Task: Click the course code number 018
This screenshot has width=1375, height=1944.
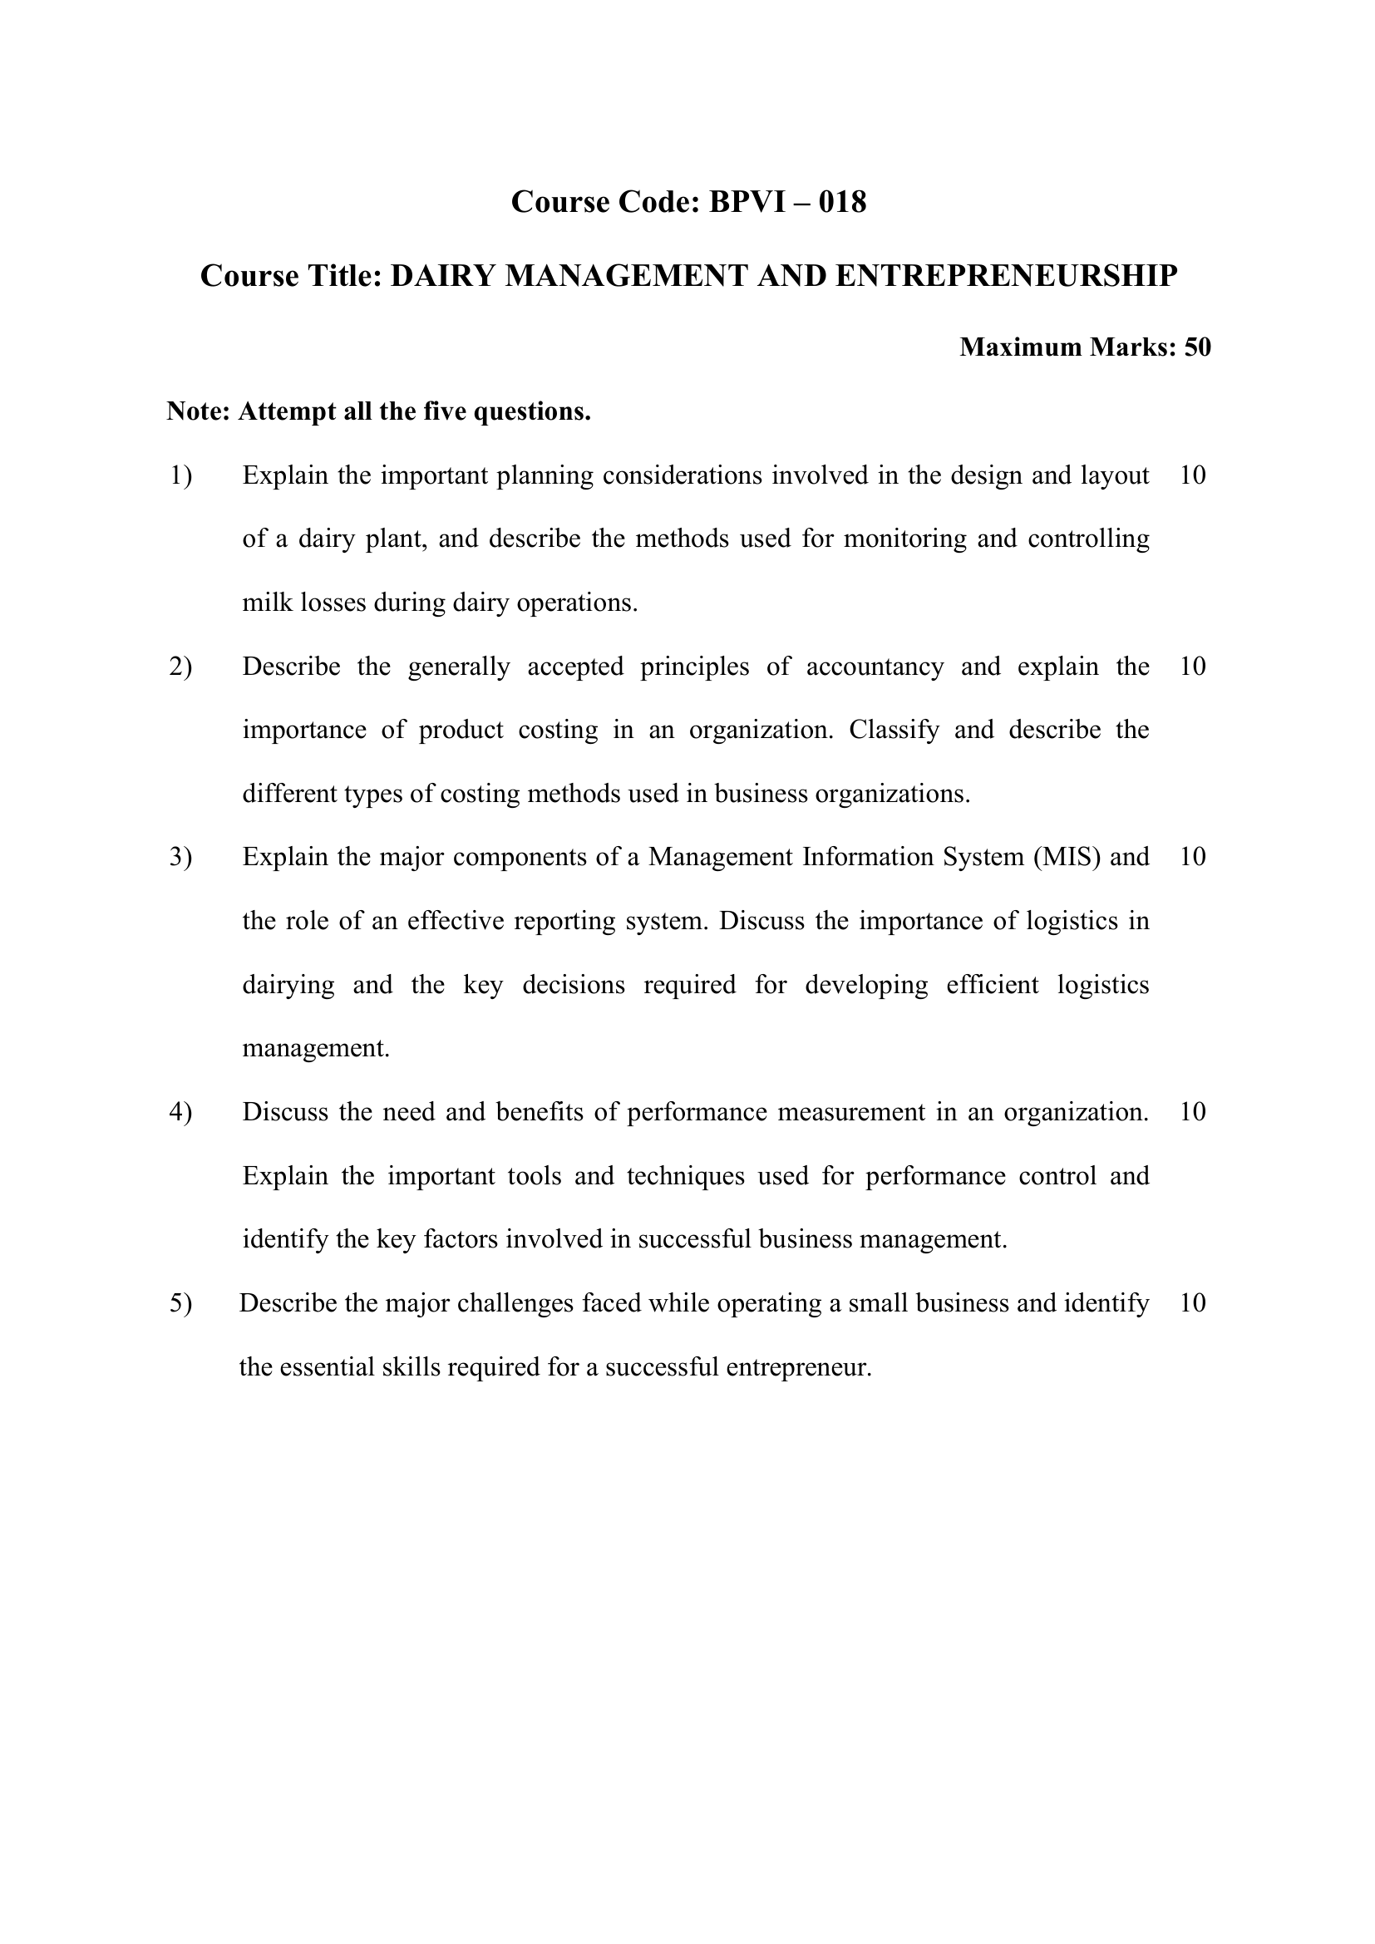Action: click(x=842, y=202)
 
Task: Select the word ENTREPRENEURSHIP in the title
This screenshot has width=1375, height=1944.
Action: click(x=1006, y=276)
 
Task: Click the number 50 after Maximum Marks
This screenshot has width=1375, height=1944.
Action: click(x=1197, y=347)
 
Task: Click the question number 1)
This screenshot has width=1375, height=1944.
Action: click(x=180, y=476)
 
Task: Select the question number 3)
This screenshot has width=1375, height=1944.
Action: click(x=180, y=857)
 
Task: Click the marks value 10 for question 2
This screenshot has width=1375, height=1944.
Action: click(x=1192, y=667)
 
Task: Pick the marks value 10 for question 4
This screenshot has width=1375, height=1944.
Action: click(x=1192, y=1112)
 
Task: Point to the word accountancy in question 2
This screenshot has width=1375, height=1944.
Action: click(x=875, y=667)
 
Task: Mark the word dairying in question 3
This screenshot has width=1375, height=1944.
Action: click(x=288, y=985)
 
